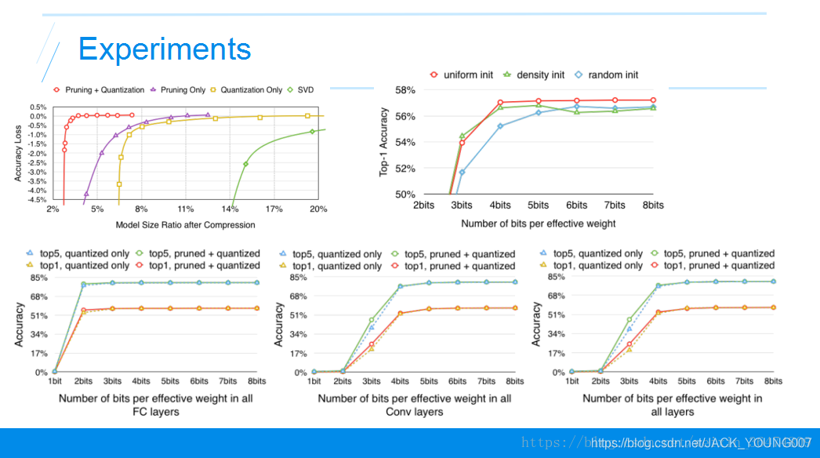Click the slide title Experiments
(x=165, y=49)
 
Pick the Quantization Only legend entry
(x=246, y=90)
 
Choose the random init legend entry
(x=608, y=75)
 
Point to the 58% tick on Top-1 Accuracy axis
(x=405, y=90)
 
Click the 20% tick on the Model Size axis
(x=318, y=209)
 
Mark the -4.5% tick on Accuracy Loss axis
(x=36, y=199)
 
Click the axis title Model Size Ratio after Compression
(x=185, y=224)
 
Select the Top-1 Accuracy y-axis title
(x=384, y=142)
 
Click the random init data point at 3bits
(x=462, y=172)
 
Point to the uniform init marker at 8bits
(x=653, y=100)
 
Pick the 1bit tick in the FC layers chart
(x=54, y=382)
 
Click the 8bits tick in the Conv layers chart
(x=514, y=382)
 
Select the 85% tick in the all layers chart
(x=555, y=276)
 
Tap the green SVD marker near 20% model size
(x=313, y=131)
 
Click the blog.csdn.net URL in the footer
(x=701, y=443)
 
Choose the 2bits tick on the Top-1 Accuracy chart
(x=424, y=205)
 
